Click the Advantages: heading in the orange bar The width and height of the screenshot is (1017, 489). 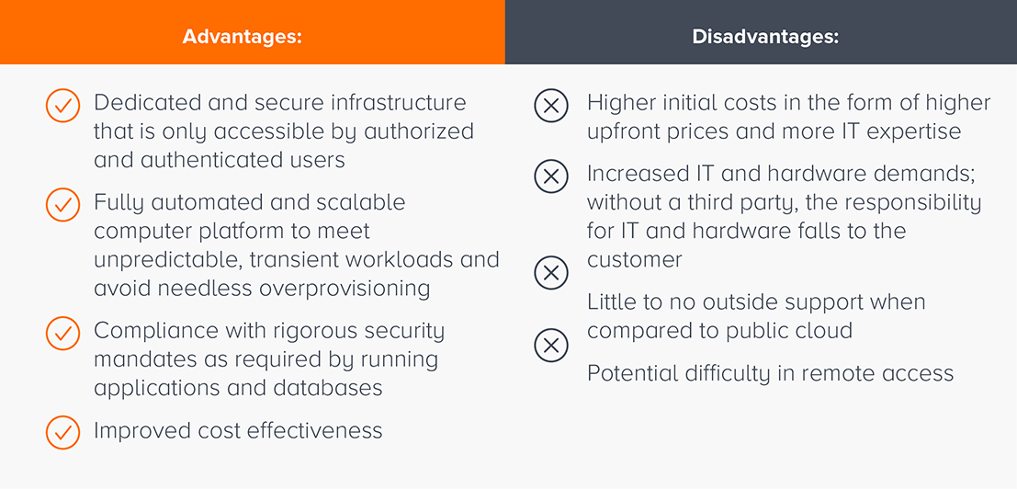click(243, 37)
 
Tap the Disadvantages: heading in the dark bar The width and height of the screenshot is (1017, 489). click(765, 37)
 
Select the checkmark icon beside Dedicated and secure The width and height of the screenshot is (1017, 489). click(62, 107)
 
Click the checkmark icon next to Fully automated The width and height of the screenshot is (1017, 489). click(62, 206)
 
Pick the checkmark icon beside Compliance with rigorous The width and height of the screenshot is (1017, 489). click(62, 334)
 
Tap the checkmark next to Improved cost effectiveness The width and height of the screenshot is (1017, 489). click(62, 433)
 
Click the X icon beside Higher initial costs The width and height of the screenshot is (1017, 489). click(551, 107)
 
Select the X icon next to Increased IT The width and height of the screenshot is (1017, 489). click(551, 176)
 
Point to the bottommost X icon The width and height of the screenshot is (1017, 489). click(551, 345)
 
